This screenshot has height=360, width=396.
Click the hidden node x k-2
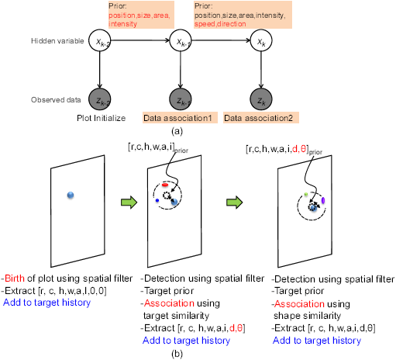pos(98,42)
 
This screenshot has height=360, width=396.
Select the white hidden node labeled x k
pos(261,42)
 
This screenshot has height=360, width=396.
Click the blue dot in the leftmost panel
pos(71,195)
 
